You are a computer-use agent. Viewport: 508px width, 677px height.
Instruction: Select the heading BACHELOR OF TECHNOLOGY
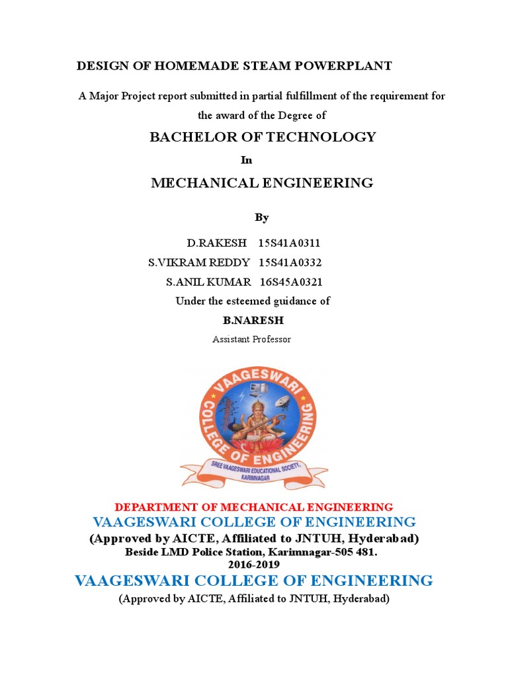(263, 137)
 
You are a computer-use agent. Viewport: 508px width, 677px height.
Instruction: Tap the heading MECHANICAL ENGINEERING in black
(262, 182)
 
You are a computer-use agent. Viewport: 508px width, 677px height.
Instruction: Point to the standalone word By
(262, 217)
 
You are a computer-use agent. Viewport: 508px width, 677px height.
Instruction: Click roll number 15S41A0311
(290, 243)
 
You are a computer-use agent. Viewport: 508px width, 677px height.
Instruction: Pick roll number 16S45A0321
(291, 282)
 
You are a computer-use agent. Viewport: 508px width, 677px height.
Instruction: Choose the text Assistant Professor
(251, 339)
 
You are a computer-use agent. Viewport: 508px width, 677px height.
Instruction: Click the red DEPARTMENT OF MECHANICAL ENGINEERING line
(254, 507)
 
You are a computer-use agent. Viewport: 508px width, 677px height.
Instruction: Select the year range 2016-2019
(254, 565)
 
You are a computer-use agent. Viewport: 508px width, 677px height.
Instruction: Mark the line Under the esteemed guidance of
(253, 301)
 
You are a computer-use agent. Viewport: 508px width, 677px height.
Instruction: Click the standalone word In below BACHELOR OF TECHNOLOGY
(246, 160)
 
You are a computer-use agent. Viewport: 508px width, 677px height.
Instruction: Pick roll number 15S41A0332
(290, 262)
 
